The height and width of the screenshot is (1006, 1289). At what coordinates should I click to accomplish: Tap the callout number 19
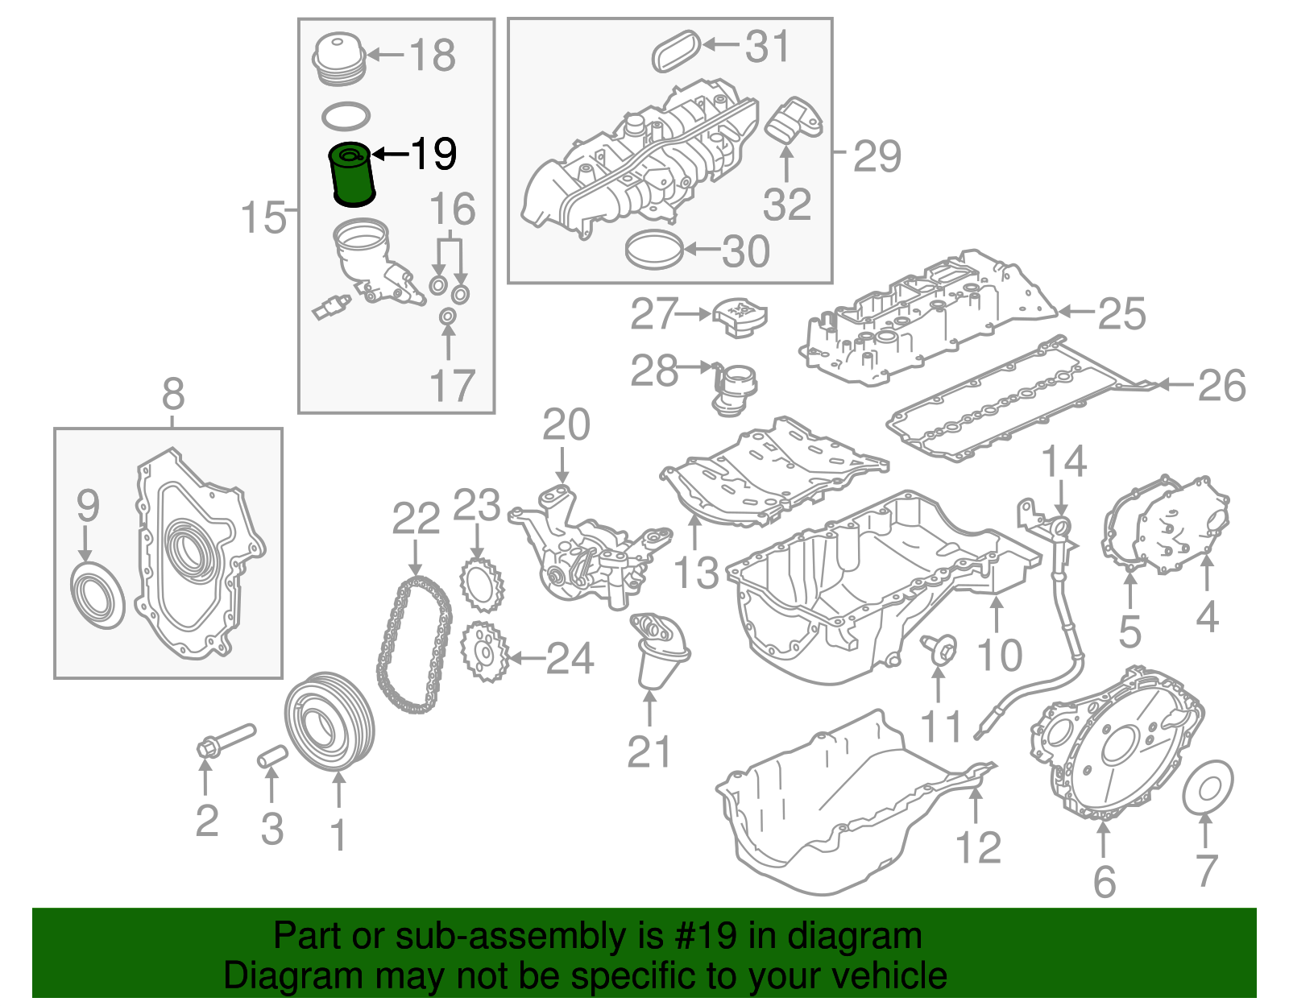(433, 153)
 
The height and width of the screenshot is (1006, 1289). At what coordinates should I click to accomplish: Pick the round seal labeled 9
(98, 597)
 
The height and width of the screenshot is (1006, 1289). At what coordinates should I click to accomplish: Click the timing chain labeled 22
(414, 644)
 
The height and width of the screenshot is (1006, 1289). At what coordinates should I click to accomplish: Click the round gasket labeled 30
(654, 250)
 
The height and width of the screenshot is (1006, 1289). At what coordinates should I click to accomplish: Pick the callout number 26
(1221, 386)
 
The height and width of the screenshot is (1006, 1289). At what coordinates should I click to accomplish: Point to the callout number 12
(978, 847)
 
